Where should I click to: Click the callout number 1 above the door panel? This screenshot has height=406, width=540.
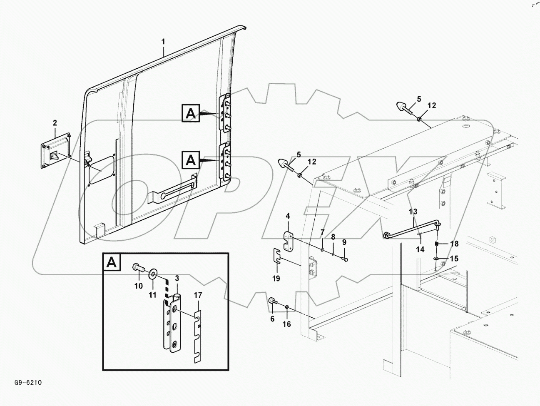click(x=163, y=42)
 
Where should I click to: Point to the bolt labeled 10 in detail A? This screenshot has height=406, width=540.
click(x=138, y=269)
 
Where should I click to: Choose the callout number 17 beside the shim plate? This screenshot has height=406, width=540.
click(x=198, y=295)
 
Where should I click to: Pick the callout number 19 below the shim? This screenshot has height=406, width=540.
click(x=276, y=278)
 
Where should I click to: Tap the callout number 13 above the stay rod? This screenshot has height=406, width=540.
click(x=413, y=212)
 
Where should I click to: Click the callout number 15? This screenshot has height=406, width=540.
click(x=453, y=259)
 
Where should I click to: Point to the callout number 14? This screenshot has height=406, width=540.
click(x=420, y=249)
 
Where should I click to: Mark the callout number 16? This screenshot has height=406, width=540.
click(x=287, y=324)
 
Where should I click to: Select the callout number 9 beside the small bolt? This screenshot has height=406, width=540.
click(x=344, y=242)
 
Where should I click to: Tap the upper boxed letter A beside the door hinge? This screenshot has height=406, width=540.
click(x=190, y=113)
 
